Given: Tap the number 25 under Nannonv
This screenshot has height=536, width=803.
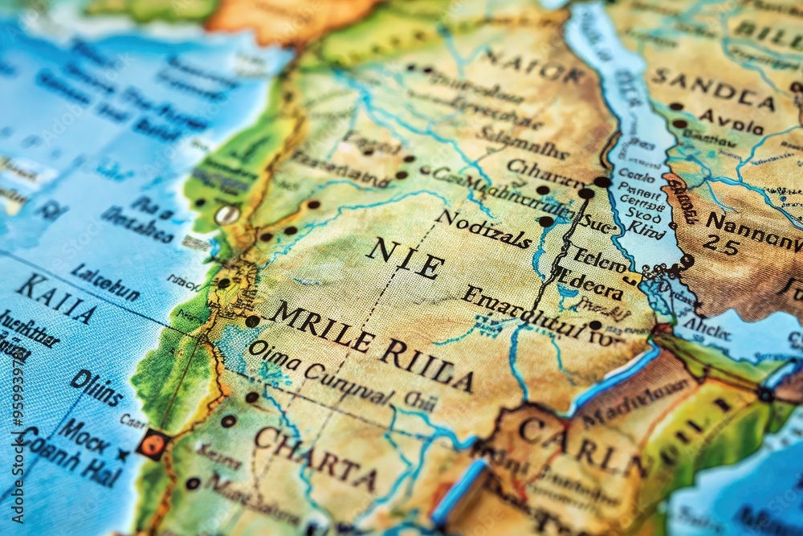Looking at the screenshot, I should pos(721,246).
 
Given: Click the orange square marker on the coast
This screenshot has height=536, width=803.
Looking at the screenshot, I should pos(152,444).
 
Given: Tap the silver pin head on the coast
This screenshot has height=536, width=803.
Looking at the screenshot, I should pos(226,215).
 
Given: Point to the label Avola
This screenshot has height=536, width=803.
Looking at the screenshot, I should pos(731,122).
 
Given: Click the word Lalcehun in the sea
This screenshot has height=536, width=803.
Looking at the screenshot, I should pos(104,281).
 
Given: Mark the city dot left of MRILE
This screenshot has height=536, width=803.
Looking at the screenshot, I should pos(252,321).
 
